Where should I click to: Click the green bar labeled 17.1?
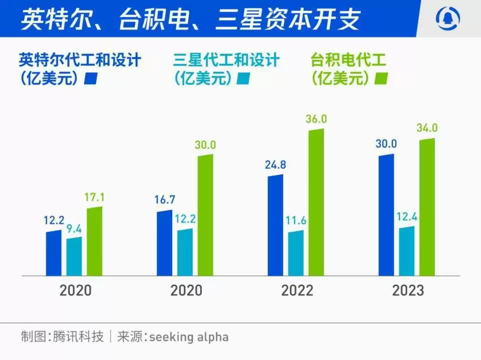95,241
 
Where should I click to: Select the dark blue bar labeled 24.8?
276,225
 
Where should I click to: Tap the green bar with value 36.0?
316,202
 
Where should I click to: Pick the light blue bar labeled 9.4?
74,256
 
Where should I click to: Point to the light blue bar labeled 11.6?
296,253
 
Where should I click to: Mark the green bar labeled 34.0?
427,207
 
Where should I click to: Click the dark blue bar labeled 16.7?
164,243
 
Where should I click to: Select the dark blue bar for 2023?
386,215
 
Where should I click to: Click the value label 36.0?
316,119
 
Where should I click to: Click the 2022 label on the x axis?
298,290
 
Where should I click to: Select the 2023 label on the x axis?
408,290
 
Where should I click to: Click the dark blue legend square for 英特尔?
91,79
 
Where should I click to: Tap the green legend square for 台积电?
382,79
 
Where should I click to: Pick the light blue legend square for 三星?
244,79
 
